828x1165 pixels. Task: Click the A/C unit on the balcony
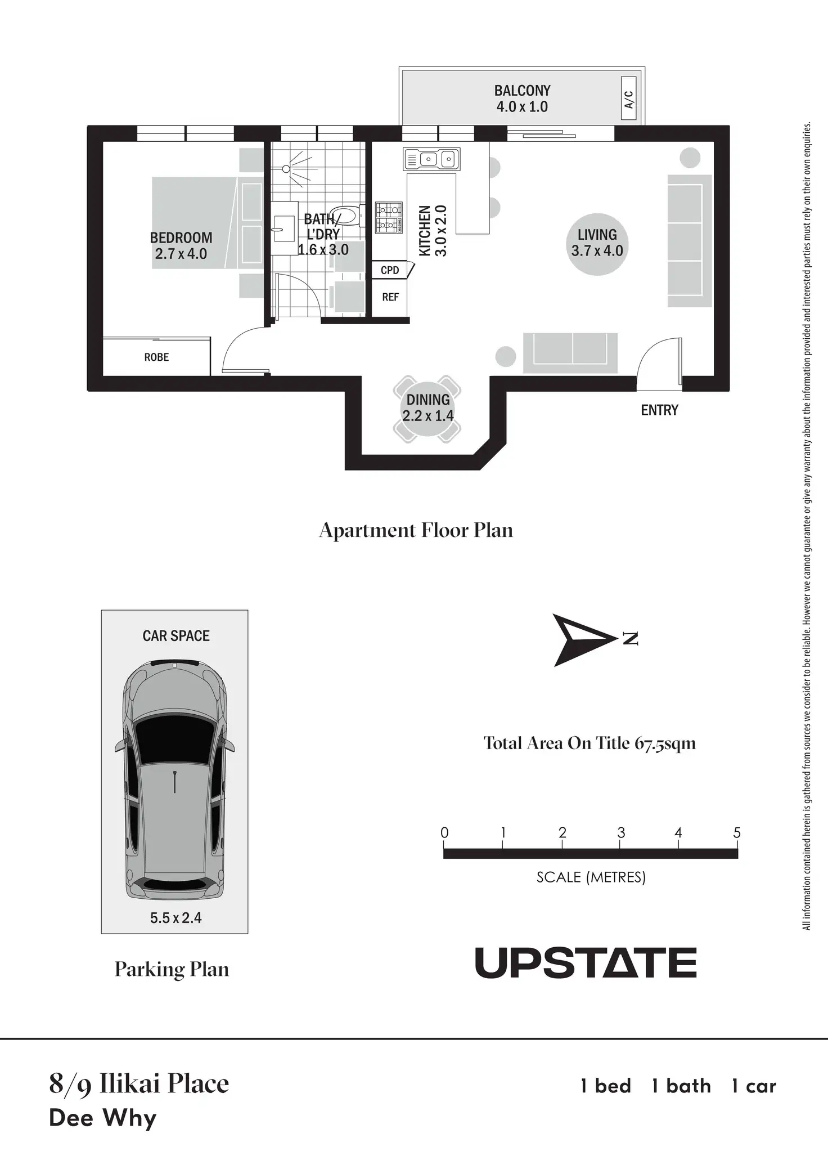629,99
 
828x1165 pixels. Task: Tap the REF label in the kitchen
390,297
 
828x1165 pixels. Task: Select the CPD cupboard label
390,270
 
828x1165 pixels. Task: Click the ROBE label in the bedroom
156,357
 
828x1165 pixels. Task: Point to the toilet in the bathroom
345,216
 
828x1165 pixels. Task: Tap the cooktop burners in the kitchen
389,217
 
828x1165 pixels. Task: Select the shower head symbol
286,169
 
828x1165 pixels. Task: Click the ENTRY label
659,410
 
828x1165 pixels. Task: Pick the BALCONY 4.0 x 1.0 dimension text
522,107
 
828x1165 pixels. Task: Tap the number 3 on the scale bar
621,833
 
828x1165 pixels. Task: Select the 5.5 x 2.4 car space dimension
175,918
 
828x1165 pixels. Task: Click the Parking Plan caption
172,969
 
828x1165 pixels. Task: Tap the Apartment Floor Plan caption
416,530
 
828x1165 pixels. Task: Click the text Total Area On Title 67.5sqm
589,743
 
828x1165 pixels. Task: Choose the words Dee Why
102,1118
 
